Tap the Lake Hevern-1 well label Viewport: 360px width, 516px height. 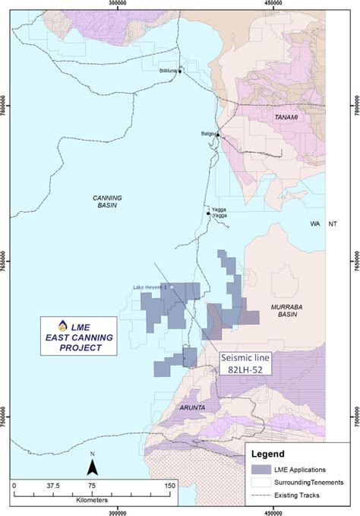coord(148,286)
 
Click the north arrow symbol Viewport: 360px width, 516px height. coord(91,464)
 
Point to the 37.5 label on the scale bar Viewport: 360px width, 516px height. coord(52,485)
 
